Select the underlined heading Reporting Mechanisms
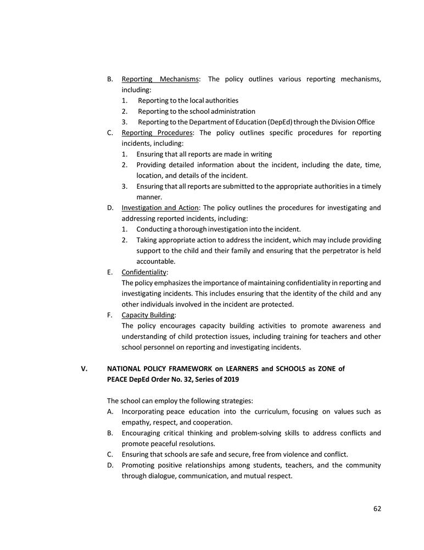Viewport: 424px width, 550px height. pyautogui.click(x=160, y=79)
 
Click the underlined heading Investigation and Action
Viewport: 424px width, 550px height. pyautogui.click(x=160, y=208)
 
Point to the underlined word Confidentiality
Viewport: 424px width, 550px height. pyautogui.click(x=144, y=272)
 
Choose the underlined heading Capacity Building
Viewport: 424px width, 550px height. pyautogui.click(x=148, y=315)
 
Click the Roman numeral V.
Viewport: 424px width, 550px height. pyautogui.click(x=84, y=369)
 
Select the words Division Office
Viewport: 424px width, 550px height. pyautogui.click(x=354, y=122)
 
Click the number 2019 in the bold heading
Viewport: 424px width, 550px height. pyautogui.click(x=230, y=380)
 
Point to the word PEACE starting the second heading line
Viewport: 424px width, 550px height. pyautogui.click(x=118, y=380)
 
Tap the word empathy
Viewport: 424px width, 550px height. pyautogui.click(x=136, y=422)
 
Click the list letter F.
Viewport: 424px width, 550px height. pyautogui.click(x=110, y=315)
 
